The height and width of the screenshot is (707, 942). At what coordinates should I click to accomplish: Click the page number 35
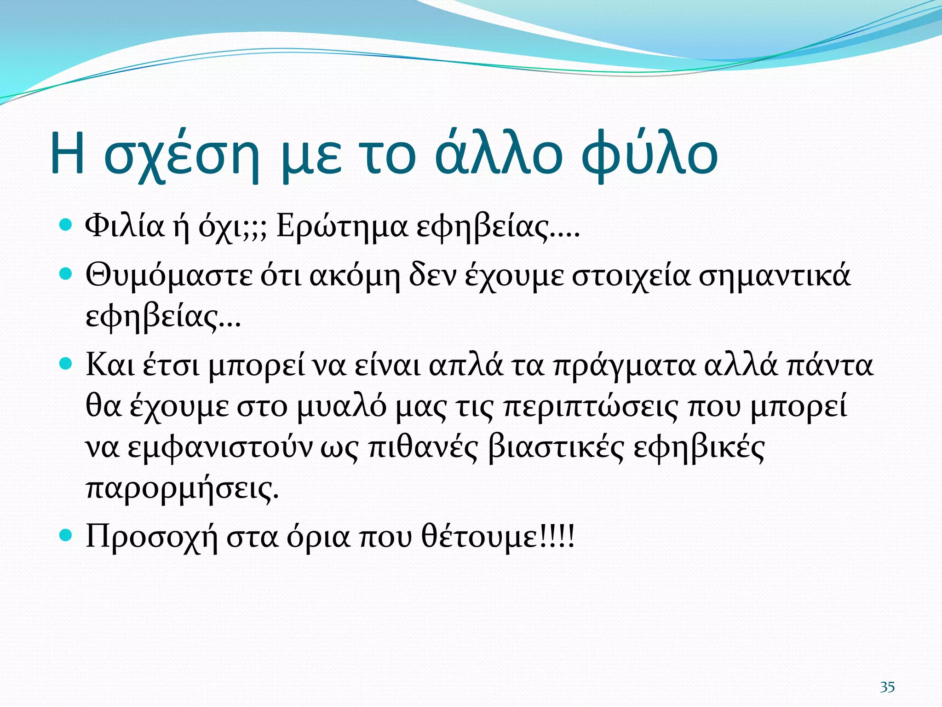click(x=887, y=687)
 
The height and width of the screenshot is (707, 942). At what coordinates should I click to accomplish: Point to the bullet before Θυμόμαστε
click(x=67, y=274)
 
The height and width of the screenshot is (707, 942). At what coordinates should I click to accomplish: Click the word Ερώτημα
click(x=342, y=226)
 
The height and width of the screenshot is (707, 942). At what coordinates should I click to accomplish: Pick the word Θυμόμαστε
click(x=169, y=276)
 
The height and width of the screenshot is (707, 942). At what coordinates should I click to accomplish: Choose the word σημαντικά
click(x=775, y=276)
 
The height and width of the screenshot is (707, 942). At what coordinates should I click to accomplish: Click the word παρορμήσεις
click(x=182, y=488)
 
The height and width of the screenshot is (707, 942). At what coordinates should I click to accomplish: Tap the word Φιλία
click(x=125, y=226)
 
